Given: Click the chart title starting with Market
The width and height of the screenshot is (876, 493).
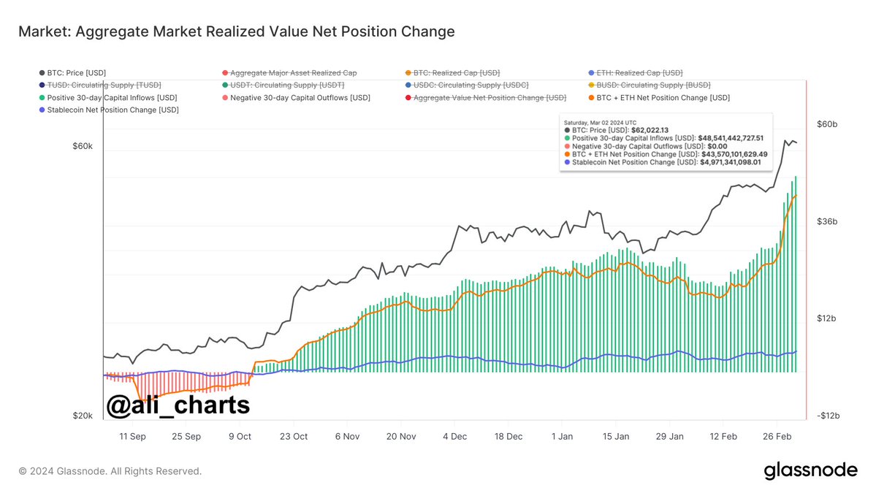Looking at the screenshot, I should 236,31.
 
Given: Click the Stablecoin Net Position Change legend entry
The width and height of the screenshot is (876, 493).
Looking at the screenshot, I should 113,110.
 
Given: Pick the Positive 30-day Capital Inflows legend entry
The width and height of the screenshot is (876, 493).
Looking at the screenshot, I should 112,97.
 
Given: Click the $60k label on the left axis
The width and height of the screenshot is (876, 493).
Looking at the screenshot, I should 83,146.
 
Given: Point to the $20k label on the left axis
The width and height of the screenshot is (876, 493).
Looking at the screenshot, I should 83,416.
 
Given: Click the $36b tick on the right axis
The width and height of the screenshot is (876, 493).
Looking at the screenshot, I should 826,221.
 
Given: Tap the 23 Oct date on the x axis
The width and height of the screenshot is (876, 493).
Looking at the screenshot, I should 294,436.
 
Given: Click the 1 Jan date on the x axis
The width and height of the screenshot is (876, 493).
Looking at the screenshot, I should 562,436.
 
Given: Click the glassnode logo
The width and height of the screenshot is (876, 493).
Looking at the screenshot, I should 810,471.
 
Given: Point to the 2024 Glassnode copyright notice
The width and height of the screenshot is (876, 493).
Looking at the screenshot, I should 110,471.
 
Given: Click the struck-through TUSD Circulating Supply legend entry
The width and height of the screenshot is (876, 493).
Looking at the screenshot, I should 104,85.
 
